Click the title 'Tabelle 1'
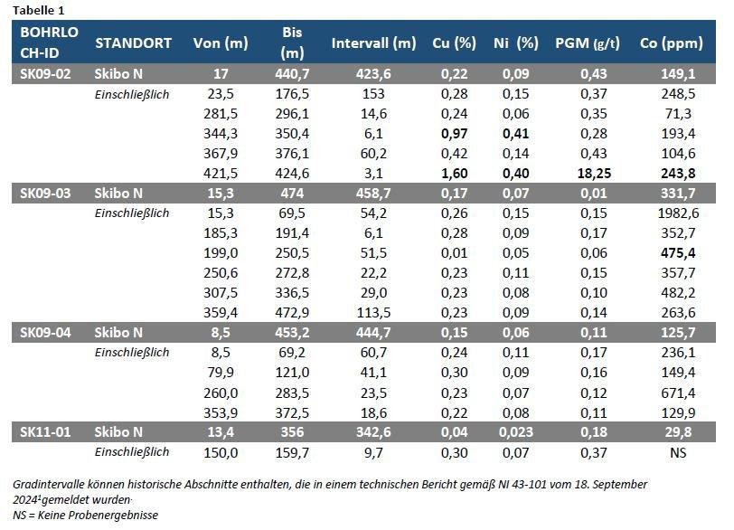click(x=39, y=10)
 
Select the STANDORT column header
click(x=133, y=43)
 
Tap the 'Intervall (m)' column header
click(x=373, y=43)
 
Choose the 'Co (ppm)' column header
click(x=673, y=43)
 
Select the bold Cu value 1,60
click(x=440, y=173)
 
